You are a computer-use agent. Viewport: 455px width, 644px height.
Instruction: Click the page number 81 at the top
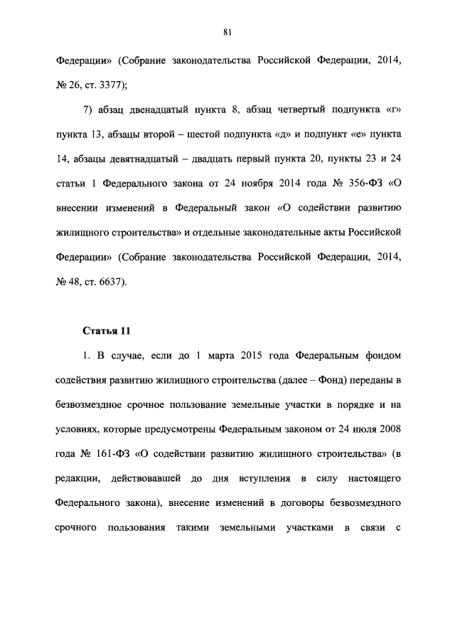coord(227,31)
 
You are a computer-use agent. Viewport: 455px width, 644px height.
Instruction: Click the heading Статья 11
coord(107,331)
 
